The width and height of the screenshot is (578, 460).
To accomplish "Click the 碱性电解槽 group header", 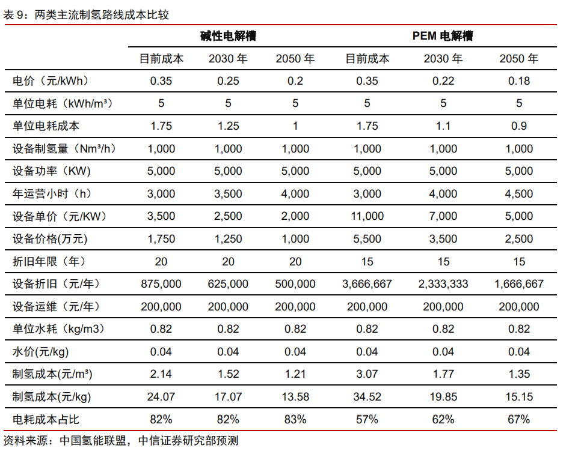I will click(228, 36).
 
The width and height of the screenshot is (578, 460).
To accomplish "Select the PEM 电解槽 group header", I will click(443, 36).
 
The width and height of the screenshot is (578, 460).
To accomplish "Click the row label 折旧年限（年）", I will click(50, 261).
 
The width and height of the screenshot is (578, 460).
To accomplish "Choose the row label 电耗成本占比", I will click(46, 419).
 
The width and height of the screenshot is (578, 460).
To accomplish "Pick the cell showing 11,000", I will click(367, 216).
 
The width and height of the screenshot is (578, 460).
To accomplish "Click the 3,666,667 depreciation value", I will click(367, 284).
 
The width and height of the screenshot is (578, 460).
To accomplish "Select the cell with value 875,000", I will click(161, 284).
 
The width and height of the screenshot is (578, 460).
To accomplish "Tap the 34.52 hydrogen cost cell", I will click(367, 396).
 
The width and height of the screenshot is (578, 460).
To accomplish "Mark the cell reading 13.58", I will click(295, 396).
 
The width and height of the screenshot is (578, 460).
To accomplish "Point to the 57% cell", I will click(367, 419).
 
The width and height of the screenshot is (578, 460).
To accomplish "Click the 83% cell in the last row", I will click(295, 419).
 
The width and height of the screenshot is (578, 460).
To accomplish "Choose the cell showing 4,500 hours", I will click(519, 194).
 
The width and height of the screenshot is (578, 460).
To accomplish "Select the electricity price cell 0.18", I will click(519, 81).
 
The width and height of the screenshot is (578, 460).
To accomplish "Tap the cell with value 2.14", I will click(161, 374).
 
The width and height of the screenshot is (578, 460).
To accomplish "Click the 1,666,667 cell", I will click(519, 284).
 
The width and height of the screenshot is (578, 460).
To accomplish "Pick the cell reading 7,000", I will click(443, 216).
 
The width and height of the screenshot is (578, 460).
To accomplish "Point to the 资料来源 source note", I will click(120, 441).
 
